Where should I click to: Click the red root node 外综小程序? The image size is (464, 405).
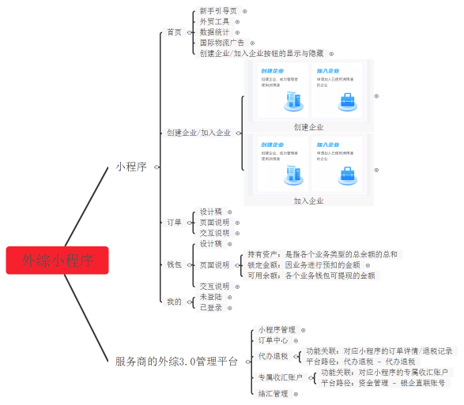[x=57, y=260]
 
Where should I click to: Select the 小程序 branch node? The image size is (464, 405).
[x=130, y=167]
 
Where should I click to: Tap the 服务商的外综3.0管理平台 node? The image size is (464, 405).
[x=175, y=362]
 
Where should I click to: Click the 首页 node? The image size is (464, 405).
[x=174, y=32]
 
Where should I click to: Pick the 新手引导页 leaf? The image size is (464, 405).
[x=217, y=11]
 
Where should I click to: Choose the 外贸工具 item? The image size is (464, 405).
[x=214, y=21]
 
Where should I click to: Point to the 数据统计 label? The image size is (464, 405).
[x=214, y=32]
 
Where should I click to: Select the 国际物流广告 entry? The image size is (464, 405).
[x=222, y=43]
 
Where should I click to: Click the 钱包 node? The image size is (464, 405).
[x=174, y=264]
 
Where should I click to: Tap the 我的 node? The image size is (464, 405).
[x=174, y=302]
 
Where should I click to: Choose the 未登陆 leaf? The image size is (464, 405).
[x=211, y=297]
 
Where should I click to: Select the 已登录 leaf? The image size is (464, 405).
[x=211, y=307]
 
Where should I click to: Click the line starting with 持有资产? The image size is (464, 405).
[x=323, y=254]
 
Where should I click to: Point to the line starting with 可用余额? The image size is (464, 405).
[x=311, y=276]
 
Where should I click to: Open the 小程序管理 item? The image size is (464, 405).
[x=277, y=329]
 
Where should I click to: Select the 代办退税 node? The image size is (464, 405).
[x=273, y=356]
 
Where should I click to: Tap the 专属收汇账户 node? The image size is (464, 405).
[x=280, y=377]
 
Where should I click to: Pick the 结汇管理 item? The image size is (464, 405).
[x=273, y=393]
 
